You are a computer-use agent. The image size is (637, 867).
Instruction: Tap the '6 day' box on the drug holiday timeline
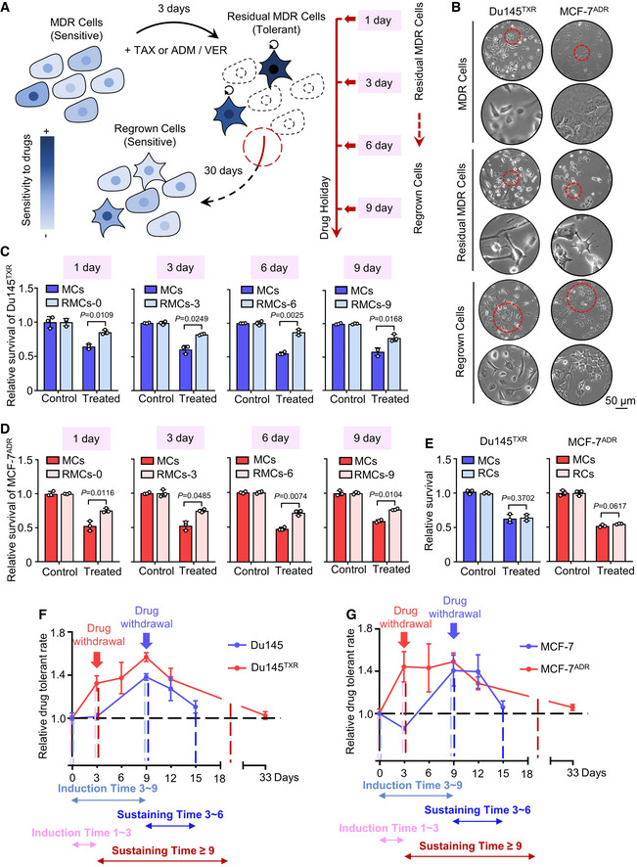coord(379,146)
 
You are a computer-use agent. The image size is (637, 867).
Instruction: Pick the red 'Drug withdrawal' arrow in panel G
coord(405,639)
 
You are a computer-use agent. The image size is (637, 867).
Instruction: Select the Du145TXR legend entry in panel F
coord(263,666)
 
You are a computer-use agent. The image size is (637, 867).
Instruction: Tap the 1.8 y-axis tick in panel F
coord(58,632)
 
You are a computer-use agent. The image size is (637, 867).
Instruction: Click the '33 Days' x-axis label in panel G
coord(587,773)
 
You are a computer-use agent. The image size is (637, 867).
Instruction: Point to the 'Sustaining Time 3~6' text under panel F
coord(170,814)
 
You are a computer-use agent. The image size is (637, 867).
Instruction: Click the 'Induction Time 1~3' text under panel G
coord(388,828)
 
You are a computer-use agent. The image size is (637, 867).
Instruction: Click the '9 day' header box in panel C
coord(367,268)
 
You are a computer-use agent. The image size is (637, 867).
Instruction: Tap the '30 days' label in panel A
coord(223,170)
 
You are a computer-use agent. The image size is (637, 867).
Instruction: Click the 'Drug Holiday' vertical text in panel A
coord(325,207)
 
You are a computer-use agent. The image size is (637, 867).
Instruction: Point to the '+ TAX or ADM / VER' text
coord(175,50)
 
